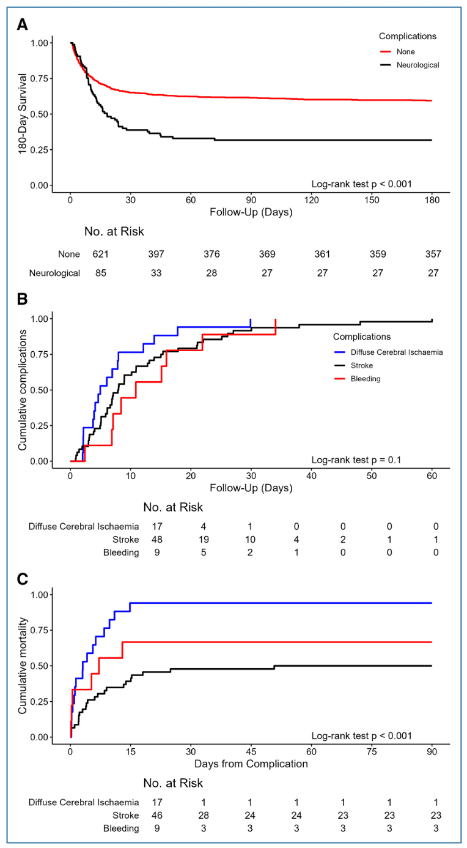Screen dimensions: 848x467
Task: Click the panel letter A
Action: coord(22,25)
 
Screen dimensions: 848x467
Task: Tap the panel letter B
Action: coord(22,300)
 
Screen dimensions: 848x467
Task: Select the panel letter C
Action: coord(22,578)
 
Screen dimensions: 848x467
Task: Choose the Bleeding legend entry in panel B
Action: coord(366,379)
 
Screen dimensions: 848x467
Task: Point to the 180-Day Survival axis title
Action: coord(23,114)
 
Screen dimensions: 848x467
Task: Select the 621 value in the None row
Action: coord(100,254)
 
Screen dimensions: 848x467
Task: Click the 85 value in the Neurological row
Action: coord(100,273)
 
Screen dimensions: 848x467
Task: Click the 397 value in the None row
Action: coord(161,254)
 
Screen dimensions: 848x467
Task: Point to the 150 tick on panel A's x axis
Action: coord(372,200)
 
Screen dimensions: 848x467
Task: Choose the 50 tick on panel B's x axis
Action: coord(372,476)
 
